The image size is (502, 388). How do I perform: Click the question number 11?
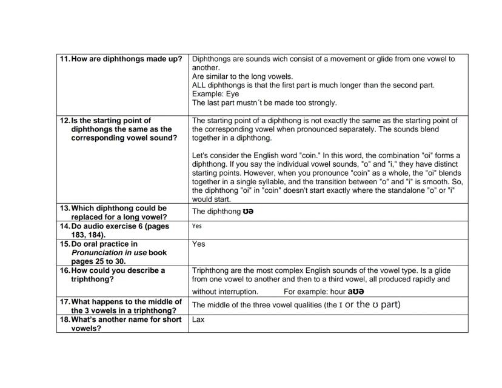[x=64, y=59]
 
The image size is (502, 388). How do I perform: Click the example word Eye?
[x=233, y=94]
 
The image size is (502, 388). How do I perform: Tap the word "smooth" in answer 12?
[x=438, y=181]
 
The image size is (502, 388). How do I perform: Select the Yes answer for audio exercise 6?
[x=196, y=226]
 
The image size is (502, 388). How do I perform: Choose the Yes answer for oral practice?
[x=198, y=244]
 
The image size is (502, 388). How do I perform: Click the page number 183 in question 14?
[x=79, y=235]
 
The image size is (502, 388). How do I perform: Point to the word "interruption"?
[x=237, y=292]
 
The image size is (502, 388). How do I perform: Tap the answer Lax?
[x=198, y=319]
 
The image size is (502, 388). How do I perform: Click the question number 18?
[x=64, y=319]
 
